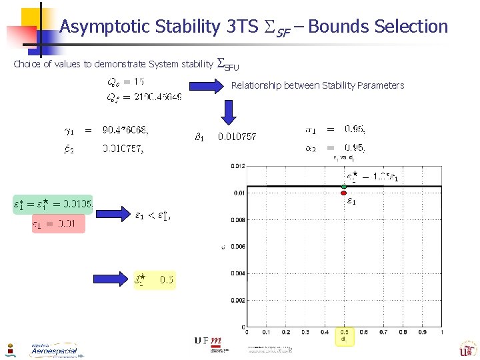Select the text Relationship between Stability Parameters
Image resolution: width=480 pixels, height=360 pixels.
click(317, 85)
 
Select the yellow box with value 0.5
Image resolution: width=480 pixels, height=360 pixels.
click(154, 281)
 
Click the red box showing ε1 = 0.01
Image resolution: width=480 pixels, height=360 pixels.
click(59, 225)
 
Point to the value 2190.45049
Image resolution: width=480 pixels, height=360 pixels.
click(157, 97)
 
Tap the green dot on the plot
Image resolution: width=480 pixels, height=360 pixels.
click(344, 186)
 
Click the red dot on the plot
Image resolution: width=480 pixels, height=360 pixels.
click(344, 193)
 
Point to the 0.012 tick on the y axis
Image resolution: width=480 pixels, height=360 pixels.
click(237, 166)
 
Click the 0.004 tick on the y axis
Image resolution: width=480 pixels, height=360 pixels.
click(237, 273)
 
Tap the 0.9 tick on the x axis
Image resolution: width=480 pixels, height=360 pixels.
click(422, 331)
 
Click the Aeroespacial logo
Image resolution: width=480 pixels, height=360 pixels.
click(54, 350)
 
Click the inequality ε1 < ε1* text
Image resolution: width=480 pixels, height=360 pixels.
click(152, 215)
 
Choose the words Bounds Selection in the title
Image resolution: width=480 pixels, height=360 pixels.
click(379, 27)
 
